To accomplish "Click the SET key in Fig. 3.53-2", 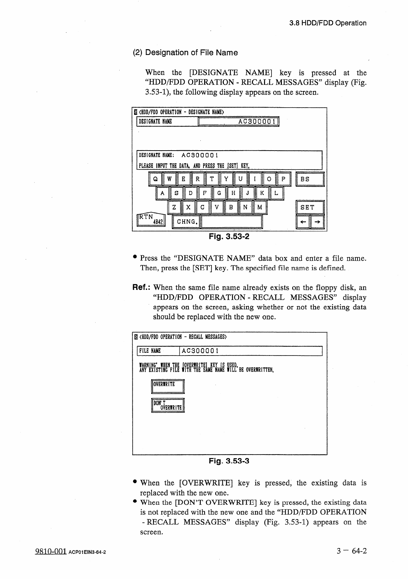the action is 310,207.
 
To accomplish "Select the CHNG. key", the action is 186,221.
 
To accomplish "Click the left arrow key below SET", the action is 303,222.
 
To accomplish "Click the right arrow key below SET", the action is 317,222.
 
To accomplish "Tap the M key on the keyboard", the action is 260,207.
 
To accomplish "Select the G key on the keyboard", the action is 219,193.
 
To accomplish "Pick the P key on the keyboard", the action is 284,179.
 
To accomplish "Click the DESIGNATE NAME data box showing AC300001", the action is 239,122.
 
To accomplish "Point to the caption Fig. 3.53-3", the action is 229,461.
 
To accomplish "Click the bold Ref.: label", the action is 142,287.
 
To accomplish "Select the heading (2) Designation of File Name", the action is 185,53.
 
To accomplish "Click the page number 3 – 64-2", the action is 352,551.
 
